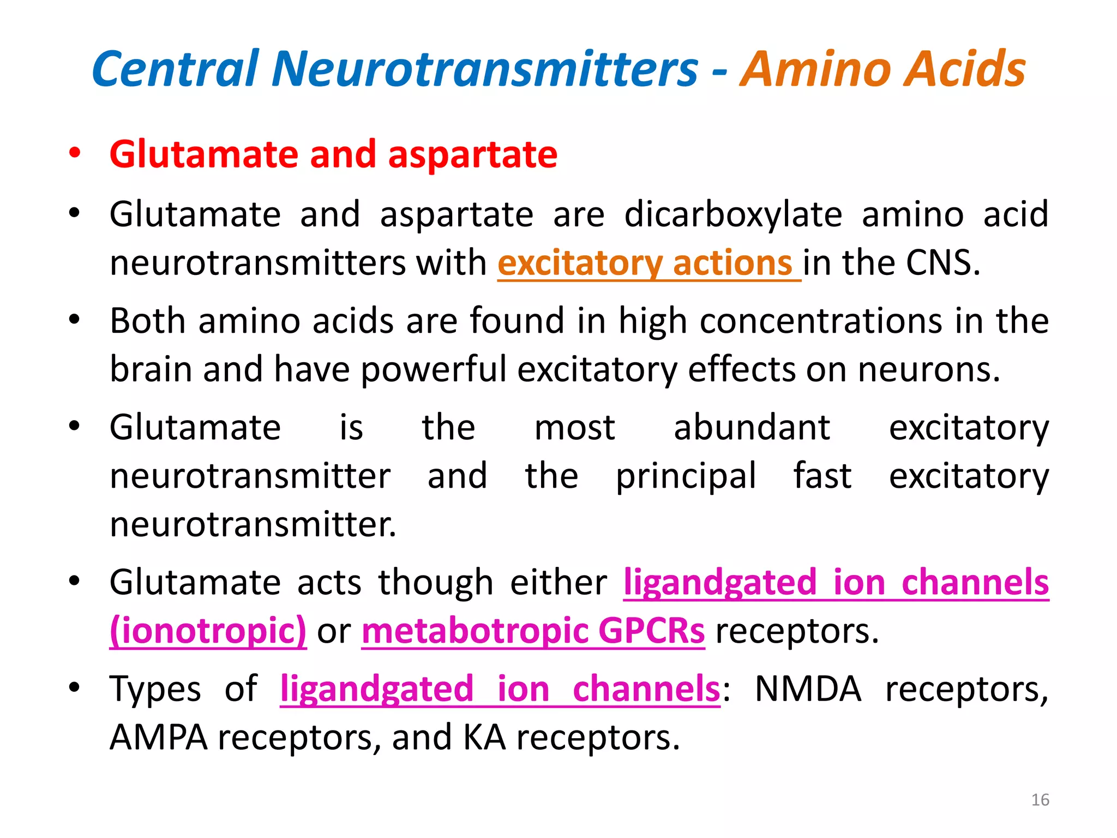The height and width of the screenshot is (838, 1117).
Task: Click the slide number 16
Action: (1040, 800)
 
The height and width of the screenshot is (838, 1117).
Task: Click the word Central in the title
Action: (175, 69)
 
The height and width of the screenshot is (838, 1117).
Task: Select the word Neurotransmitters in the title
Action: (485, 69)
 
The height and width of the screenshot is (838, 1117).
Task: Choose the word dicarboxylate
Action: (733, 214)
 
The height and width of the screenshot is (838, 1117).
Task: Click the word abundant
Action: (752, 427)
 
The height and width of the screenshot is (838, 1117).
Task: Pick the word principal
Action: (686, 476)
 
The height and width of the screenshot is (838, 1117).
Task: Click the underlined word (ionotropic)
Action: (208, 631)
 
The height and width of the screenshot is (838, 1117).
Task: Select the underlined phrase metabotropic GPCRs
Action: (533, 631)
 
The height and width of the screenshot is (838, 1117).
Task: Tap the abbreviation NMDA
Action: (808, 689)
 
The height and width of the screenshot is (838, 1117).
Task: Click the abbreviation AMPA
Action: (158, 738)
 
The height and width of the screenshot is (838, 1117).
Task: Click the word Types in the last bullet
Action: (155, 689)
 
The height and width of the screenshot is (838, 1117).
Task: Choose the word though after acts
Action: (436, 582)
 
